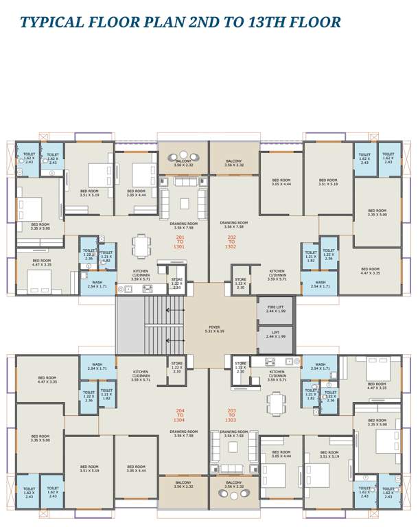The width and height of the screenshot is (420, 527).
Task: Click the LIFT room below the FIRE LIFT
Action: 275,339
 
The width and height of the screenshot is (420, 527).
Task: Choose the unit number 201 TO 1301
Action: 180,242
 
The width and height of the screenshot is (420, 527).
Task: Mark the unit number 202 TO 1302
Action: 231,242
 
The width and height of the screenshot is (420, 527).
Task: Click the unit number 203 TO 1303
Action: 231,414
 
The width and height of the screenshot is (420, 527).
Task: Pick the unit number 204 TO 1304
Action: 180,414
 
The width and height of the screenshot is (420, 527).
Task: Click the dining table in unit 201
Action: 142,246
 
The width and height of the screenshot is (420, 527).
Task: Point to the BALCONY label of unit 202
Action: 234,163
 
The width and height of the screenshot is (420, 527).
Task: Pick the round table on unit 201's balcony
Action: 183,154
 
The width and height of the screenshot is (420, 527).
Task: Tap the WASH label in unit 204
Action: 97,366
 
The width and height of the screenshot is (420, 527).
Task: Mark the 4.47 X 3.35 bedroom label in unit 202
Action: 370,271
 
